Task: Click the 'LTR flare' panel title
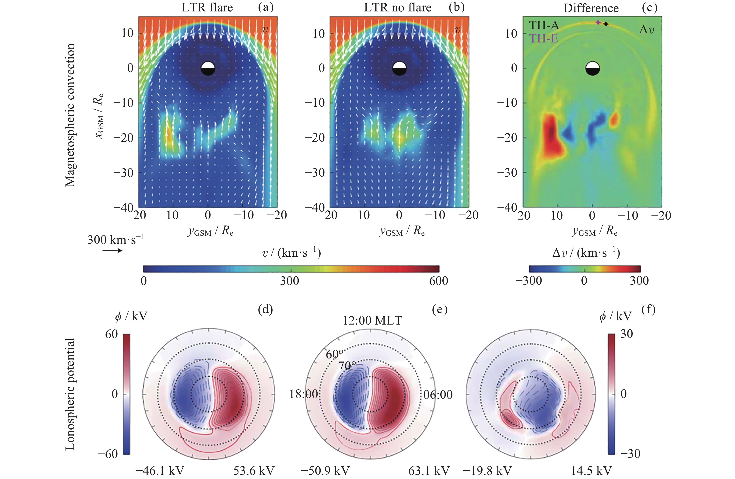(207, 7)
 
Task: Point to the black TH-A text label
(544, 25)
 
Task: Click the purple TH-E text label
(543, 38)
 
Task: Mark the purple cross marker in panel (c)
(598, 22)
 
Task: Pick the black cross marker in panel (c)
(606, 24)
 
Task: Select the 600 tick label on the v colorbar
(438, 281)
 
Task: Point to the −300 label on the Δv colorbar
(528, 281)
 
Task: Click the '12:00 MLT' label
(372, 321)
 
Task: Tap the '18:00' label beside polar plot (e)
(304, 394)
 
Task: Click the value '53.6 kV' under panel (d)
(254, 471)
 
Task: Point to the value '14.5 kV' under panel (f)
(591, 471)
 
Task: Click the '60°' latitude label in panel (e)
(334, 354)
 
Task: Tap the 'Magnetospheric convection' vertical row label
(70, 115)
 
